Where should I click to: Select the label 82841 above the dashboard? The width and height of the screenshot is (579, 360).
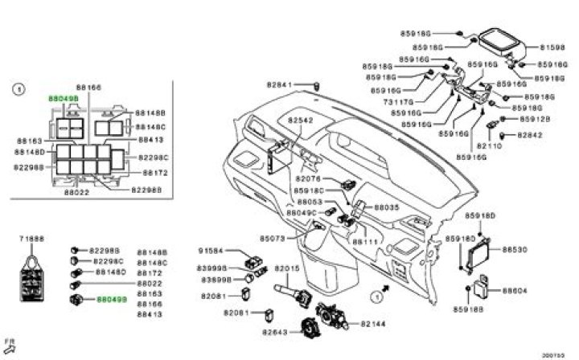(279, 84)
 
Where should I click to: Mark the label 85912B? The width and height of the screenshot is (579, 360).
(534, 119)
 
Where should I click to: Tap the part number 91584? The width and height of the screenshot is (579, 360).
(211, 252)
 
